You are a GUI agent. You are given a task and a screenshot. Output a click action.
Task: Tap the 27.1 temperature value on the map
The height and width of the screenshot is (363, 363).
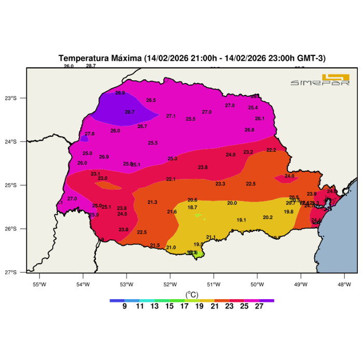point(171,116)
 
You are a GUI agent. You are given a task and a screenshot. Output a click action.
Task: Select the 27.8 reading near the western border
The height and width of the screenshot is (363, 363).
point(89,134)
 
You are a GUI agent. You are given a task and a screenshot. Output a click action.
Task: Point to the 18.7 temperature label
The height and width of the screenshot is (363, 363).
point(192,207)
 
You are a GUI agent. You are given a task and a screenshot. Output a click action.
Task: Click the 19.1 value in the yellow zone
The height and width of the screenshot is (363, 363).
point(241,220)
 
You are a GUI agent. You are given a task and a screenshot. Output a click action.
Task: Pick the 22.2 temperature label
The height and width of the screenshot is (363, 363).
point(271,150)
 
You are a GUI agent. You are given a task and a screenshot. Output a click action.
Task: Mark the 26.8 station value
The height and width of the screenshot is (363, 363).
point(249,130)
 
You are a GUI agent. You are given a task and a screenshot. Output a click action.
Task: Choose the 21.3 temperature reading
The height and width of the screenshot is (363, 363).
point(152,202)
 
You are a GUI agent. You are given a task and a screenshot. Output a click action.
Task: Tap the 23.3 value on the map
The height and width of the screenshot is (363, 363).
point(220,184)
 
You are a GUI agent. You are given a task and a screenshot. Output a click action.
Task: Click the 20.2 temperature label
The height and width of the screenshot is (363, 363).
point(268,217)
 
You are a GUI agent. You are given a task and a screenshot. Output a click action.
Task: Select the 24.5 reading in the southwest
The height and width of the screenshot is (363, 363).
point(122,214)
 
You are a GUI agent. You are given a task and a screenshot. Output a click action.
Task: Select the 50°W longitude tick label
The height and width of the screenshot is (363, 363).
point(257,284)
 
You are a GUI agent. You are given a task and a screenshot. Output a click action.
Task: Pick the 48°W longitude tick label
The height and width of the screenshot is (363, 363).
point(344,284)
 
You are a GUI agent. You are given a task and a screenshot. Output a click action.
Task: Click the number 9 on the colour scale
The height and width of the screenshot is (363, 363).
point(125,306)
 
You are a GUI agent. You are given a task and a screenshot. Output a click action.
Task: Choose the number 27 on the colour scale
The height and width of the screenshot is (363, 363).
point(259,306)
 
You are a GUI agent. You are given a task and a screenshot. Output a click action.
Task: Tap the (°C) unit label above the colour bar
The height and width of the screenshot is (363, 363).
point(191,294)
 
